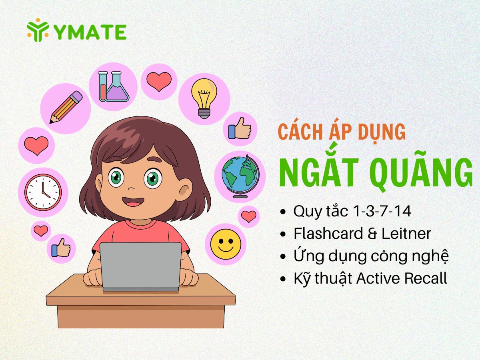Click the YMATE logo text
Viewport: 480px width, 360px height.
point(90,32)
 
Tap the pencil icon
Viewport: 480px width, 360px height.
point(66,107)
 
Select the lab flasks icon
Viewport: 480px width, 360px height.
point(114,86)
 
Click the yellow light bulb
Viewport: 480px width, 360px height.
point(204,98)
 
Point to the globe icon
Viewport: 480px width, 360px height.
point(240,176)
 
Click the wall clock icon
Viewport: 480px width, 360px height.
point(43,192)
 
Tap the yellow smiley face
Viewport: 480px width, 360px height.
point(226,244)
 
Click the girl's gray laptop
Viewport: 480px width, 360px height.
point(141,267)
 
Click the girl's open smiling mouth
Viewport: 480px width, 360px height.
point(133,202)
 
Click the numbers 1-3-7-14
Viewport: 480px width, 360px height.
point(382,211)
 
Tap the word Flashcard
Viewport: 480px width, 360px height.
point(328,234)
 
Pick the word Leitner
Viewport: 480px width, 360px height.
point(406,234)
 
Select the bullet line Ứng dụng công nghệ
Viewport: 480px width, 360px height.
point(371,256)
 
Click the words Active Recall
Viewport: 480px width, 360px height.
point(402,278)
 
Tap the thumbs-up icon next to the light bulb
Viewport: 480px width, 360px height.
point(240,128)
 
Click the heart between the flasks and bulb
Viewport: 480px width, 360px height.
point(159,82)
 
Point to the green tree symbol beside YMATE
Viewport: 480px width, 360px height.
point(38,30)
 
